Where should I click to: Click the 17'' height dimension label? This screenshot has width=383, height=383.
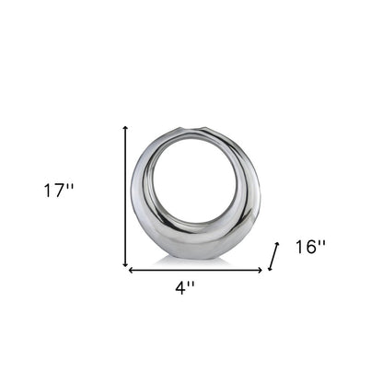57,191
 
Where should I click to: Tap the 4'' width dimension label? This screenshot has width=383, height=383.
184,287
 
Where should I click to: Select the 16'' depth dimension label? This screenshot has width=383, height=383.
311,247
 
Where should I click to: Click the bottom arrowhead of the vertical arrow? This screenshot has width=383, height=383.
125,266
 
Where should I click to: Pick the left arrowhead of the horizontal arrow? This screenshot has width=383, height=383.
131,271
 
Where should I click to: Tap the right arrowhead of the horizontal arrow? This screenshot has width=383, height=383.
261,271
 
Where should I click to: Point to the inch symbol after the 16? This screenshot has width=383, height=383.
323,242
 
